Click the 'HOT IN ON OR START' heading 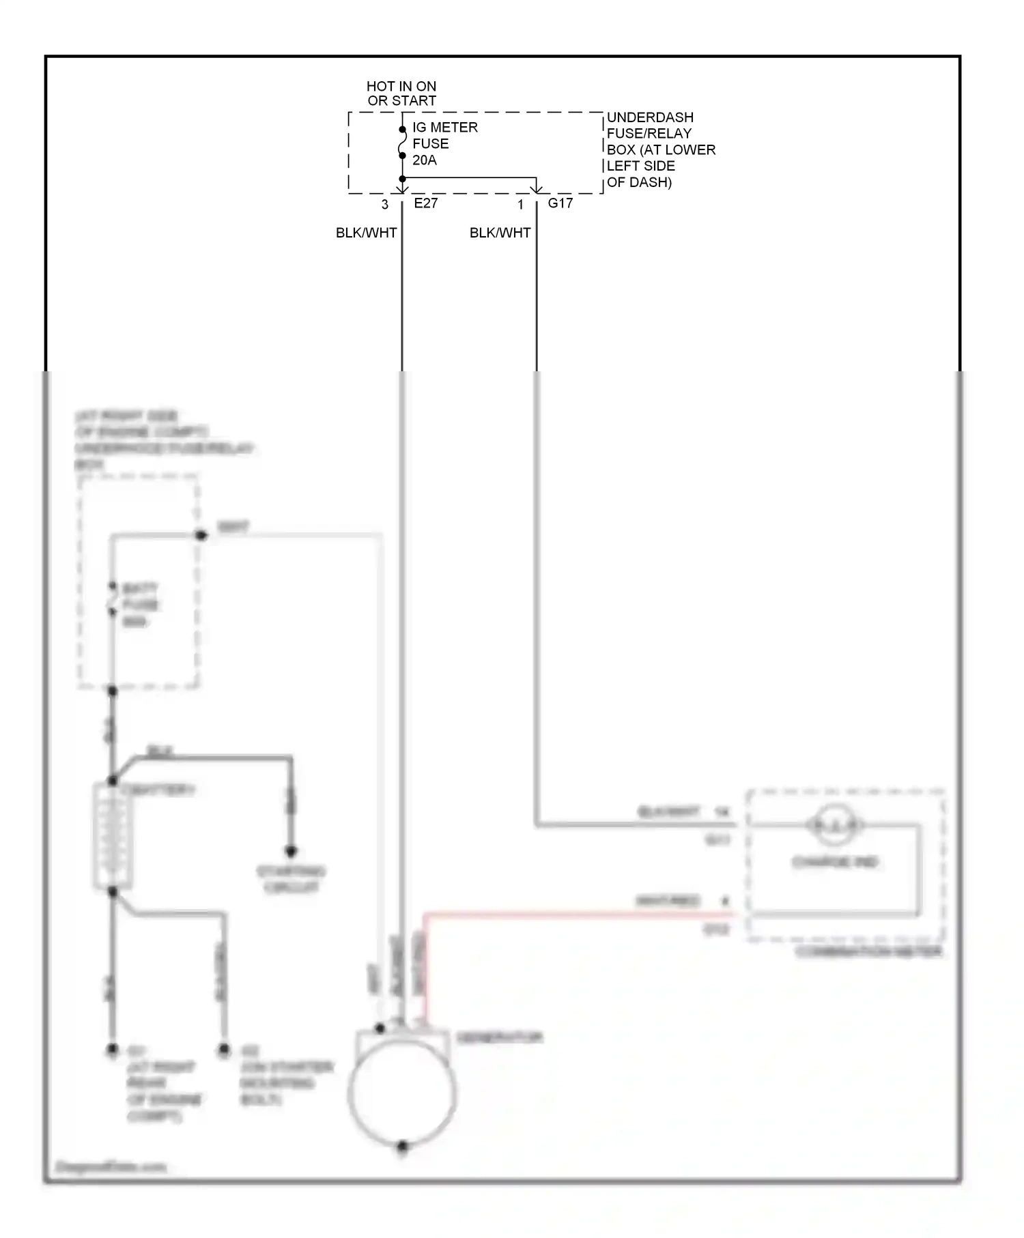[x=401, y=93]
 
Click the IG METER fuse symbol [x=402, y=143]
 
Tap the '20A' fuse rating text [x=425, y=160]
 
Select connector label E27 [x=426, y=203]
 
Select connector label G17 [x=560, y=203]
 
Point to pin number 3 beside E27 [x=385, y=205]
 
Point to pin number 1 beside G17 [x=520, y=205]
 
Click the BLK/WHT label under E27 [x=367, y=233]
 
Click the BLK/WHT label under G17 [x=500, y=233]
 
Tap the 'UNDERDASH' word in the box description [x=650, y=117]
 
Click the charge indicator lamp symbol [x=834, y=826]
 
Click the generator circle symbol [x=401, y=1093]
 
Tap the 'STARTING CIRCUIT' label [x=291, y=880]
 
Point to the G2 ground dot [x=224, y=1050]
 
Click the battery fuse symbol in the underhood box [x=113, y=599]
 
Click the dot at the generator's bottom [x=403, y=1146]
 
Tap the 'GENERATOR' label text [x=500, y=1038]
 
